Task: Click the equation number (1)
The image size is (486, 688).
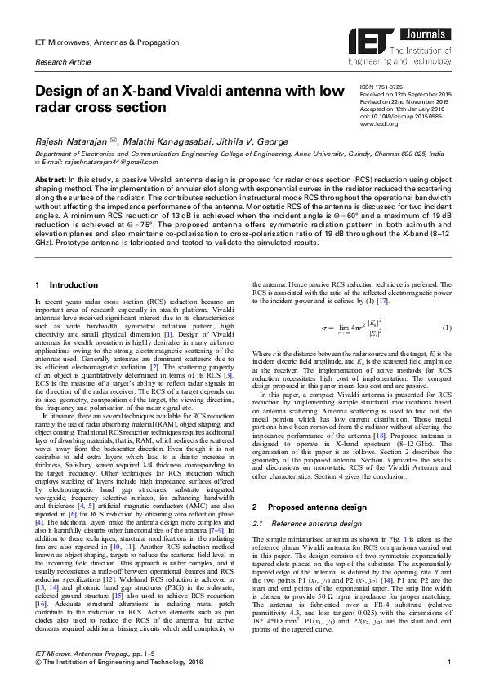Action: click(x=446, y=328)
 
